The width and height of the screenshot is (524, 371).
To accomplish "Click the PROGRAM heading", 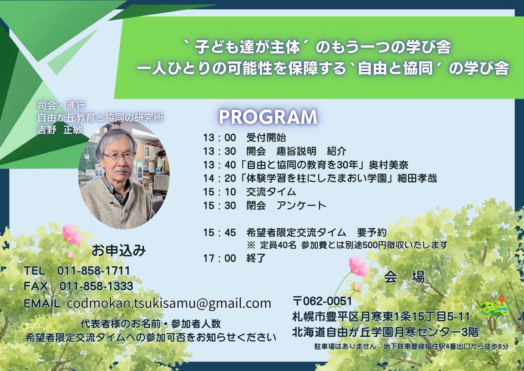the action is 268,117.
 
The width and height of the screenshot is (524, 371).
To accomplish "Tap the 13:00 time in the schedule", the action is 220,137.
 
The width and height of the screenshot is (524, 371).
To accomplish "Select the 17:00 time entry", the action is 220,258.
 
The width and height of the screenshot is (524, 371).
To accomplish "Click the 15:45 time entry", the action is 220,232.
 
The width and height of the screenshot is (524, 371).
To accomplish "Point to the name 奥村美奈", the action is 388,165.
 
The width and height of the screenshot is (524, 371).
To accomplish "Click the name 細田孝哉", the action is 417,178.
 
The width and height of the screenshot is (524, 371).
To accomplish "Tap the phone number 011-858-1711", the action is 93,271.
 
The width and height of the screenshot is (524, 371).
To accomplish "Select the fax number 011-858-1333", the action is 96,286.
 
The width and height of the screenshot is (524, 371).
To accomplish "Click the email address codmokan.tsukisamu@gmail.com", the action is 169,303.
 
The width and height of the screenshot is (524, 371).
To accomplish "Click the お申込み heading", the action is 119,250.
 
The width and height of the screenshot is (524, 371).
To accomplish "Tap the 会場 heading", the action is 404,277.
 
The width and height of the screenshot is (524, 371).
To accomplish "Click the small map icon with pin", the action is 495,308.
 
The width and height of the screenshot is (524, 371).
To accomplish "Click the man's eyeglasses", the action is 119,155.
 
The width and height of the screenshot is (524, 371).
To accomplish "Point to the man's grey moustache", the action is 122,170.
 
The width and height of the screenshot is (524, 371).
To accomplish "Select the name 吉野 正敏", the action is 60,130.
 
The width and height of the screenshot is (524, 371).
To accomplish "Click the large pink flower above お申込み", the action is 72,234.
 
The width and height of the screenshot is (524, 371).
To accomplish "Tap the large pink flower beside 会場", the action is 359,266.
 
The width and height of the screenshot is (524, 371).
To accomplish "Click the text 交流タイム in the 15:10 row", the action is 271,192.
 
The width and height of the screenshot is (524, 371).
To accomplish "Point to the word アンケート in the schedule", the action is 301,206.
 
